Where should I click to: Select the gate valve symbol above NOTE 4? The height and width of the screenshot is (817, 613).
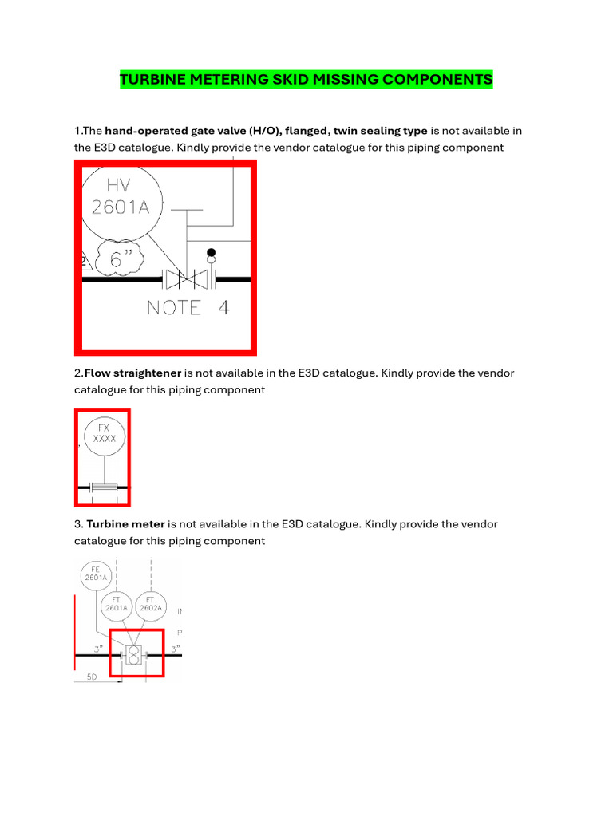coord(186,279)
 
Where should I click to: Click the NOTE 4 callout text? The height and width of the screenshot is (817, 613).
coord(188,307)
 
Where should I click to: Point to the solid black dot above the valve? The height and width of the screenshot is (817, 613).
coord(212,254)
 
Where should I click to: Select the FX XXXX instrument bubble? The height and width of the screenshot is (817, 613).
coord(105,434)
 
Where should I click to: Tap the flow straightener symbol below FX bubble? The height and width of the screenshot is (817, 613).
coord(104,487)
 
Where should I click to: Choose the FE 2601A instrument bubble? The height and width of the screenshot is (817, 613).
coord(95,574)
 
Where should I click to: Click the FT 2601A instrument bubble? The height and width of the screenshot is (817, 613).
coord(116,607)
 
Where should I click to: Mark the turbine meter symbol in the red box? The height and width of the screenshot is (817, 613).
coord(134,655)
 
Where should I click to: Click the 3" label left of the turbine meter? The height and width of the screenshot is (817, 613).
coord(99,649)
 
